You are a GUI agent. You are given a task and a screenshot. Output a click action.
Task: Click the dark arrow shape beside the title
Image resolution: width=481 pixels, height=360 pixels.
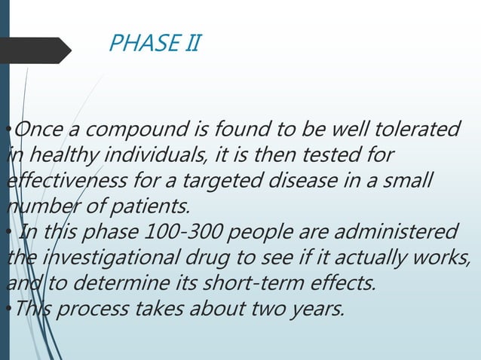point(35,50)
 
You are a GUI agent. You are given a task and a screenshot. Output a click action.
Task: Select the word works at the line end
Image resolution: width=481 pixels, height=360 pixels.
point(444,257)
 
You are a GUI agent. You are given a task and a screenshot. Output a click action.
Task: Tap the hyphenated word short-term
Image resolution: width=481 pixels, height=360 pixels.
point(256,282)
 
